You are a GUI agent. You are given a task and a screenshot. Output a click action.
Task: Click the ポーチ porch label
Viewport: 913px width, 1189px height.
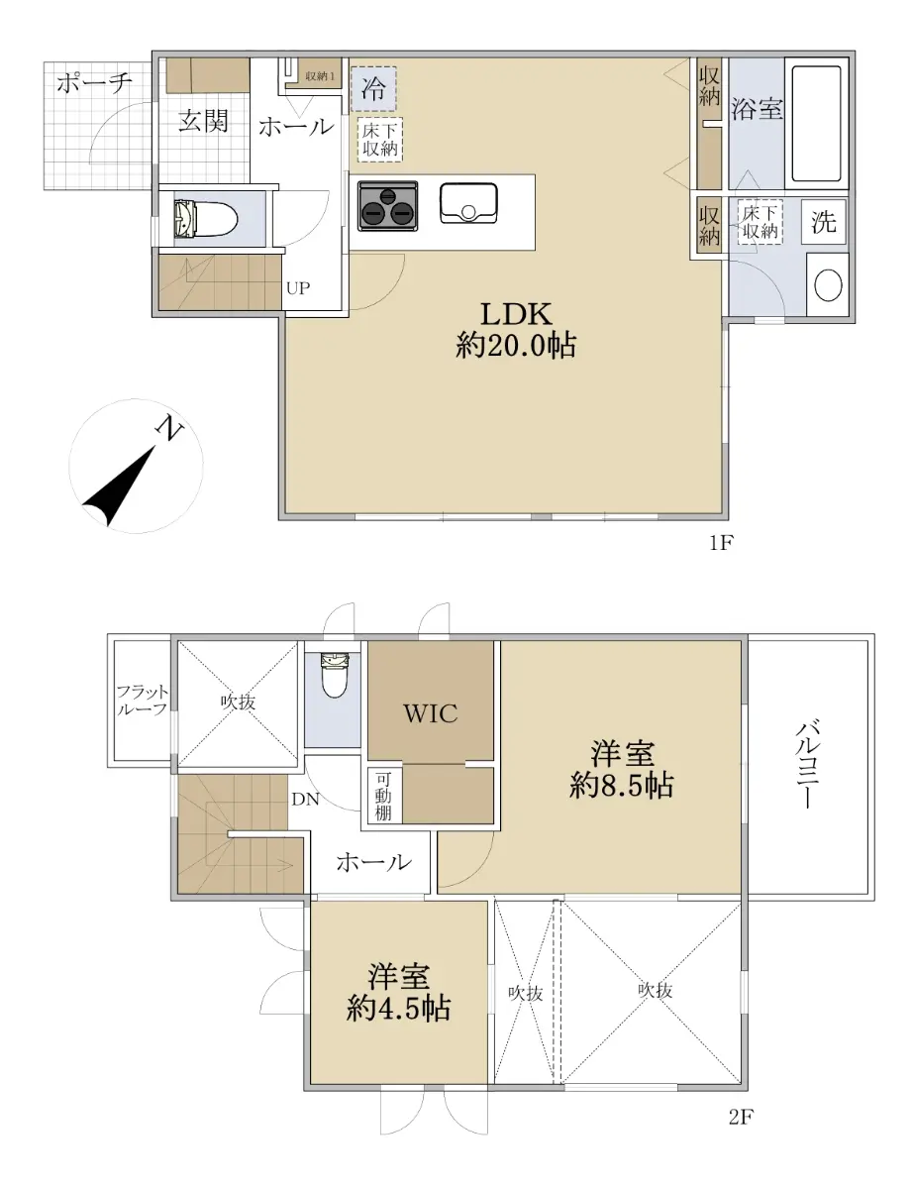[95, 83]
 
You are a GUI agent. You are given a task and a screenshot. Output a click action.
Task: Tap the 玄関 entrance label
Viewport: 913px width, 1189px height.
[203, 121]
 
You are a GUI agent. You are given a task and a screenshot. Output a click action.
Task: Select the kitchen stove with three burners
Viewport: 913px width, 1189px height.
[388, 206]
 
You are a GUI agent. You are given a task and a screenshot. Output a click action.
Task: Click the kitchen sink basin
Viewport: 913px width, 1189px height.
[468, 203]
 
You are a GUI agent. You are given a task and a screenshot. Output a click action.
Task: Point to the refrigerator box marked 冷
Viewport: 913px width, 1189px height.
[374, 88]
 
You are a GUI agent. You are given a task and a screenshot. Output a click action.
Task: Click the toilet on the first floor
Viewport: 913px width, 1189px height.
[206, 218]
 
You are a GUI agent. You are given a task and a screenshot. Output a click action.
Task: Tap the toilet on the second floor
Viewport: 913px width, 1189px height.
[335, 676]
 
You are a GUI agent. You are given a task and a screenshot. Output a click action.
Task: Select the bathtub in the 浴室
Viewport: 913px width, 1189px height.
[817, 124]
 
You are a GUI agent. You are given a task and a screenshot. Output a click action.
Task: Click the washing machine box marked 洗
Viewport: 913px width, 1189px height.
[823, 222]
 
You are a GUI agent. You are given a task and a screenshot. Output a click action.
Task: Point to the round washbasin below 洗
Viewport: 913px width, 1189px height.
[828, 284]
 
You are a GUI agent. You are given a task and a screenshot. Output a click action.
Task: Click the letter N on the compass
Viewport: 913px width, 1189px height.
[170, 428]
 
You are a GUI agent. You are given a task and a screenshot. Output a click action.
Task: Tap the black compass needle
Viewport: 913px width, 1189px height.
[119, 486]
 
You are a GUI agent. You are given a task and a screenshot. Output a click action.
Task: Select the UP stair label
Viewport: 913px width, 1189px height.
[298, 287]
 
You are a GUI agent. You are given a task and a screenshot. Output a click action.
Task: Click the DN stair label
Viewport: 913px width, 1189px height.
[305, 800]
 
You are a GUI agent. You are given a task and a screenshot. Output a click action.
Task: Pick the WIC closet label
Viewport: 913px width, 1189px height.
[430, 713]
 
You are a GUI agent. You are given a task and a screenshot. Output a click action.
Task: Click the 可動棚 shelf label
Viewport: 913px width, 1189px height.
[383, 798]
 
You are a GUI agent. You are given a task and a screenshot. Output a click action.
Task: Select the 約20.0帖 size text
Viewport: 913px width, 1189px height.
[516, 346]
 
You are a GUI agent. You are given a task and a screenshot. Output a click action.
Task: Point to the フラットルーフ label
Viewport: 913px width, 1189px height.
[142, 701]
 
